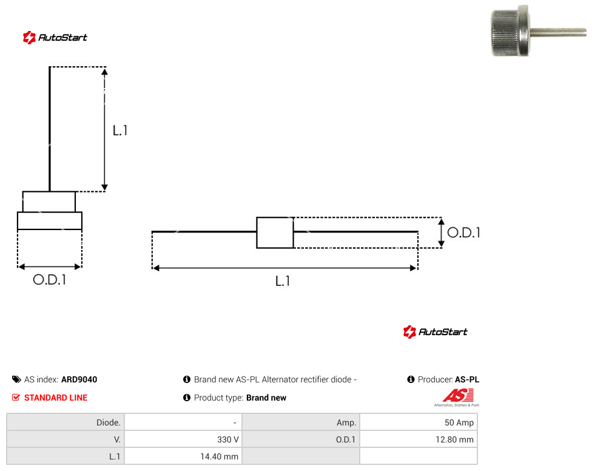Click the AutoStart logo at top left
(55, 38)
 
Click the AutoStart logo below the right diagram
(436, 331)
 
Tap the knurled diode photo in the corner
(539, 31)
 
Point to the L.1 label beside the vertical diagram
(120, 130)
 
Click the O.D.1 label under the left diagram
(50, 280)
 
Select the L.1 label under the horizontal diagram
(283, 281)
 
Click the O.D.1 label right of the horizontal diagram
(463, 232)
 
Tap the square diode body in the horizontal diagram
(275, 232)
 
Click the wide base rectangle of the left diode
(50, 221)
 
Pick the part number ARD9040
(79, 379)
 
